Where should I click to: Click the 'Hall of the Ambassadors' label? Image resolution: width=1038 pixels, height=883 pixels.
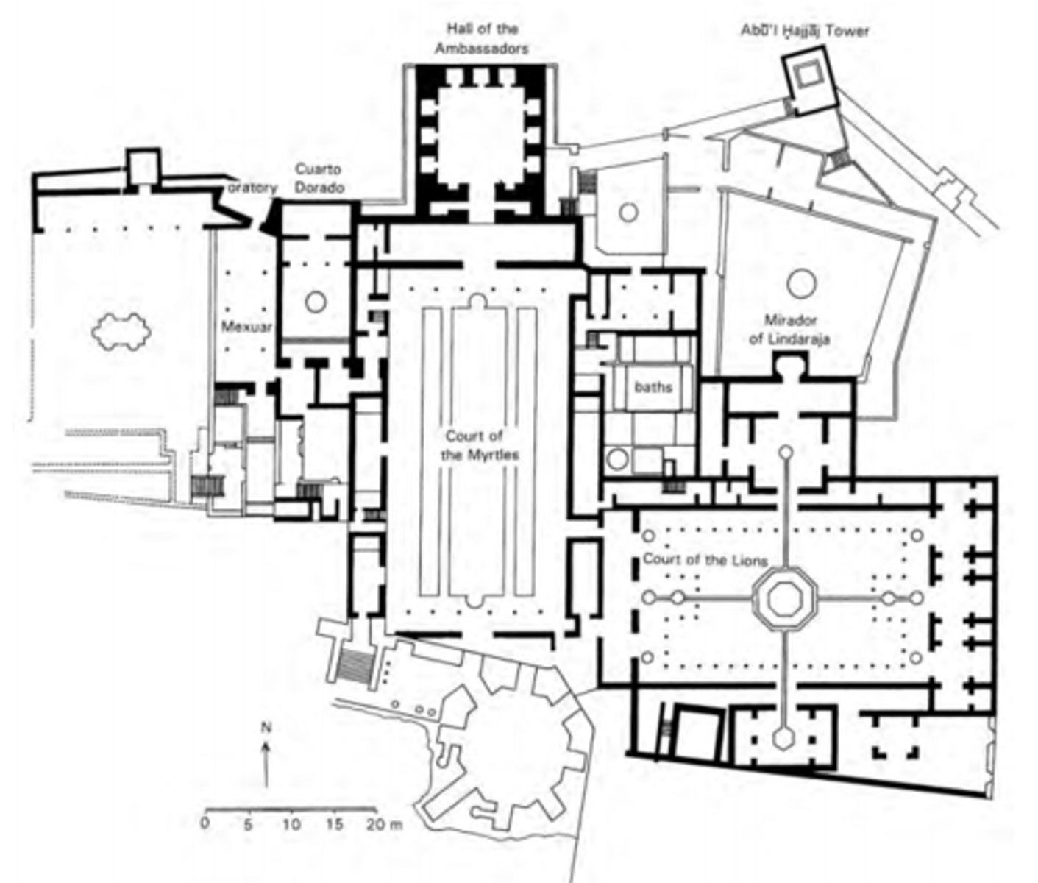coord(482,39)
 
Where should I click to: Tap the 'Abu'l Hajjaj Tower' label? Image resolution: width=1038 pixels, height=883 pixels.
coord(804,31)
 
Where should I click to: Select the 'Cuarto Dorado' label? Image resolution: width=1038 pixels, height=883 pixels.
coord(319,178)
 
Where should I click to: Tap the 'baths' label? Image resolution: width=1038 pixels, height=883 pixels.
coord(653,386)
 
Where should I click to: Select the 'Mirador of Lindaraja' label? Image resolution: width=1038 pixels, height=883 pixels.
coord(790,330)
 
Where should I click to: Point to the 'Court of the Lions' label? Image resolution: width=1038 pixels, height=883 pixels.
coord(704,560)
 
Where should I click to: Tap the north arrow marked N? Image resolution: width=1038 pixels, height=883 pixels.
coord(266,743)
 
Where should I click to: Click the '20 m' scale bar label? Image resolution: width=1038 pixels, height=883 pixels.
coord(385,823)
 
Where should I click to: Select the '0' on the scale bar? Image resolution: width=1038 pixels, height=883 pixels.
coord(205,823)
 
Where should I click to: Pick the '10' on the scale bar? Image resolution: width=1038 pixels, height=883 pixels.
coord(291,823)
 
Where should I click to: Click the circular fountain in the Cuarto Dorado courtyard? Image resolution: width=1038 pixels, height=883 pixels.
coord(316,301)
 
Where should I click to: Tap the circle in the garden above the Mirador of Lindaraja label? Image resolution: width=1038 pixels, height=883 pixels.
coord(800,283)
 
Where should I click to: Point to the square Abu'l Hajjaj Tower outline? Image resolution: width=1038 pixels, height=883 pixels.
coord(809,75)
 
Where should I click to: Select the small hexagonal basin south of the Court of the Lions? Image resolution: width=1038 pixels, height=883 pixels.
coord(783,737)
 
